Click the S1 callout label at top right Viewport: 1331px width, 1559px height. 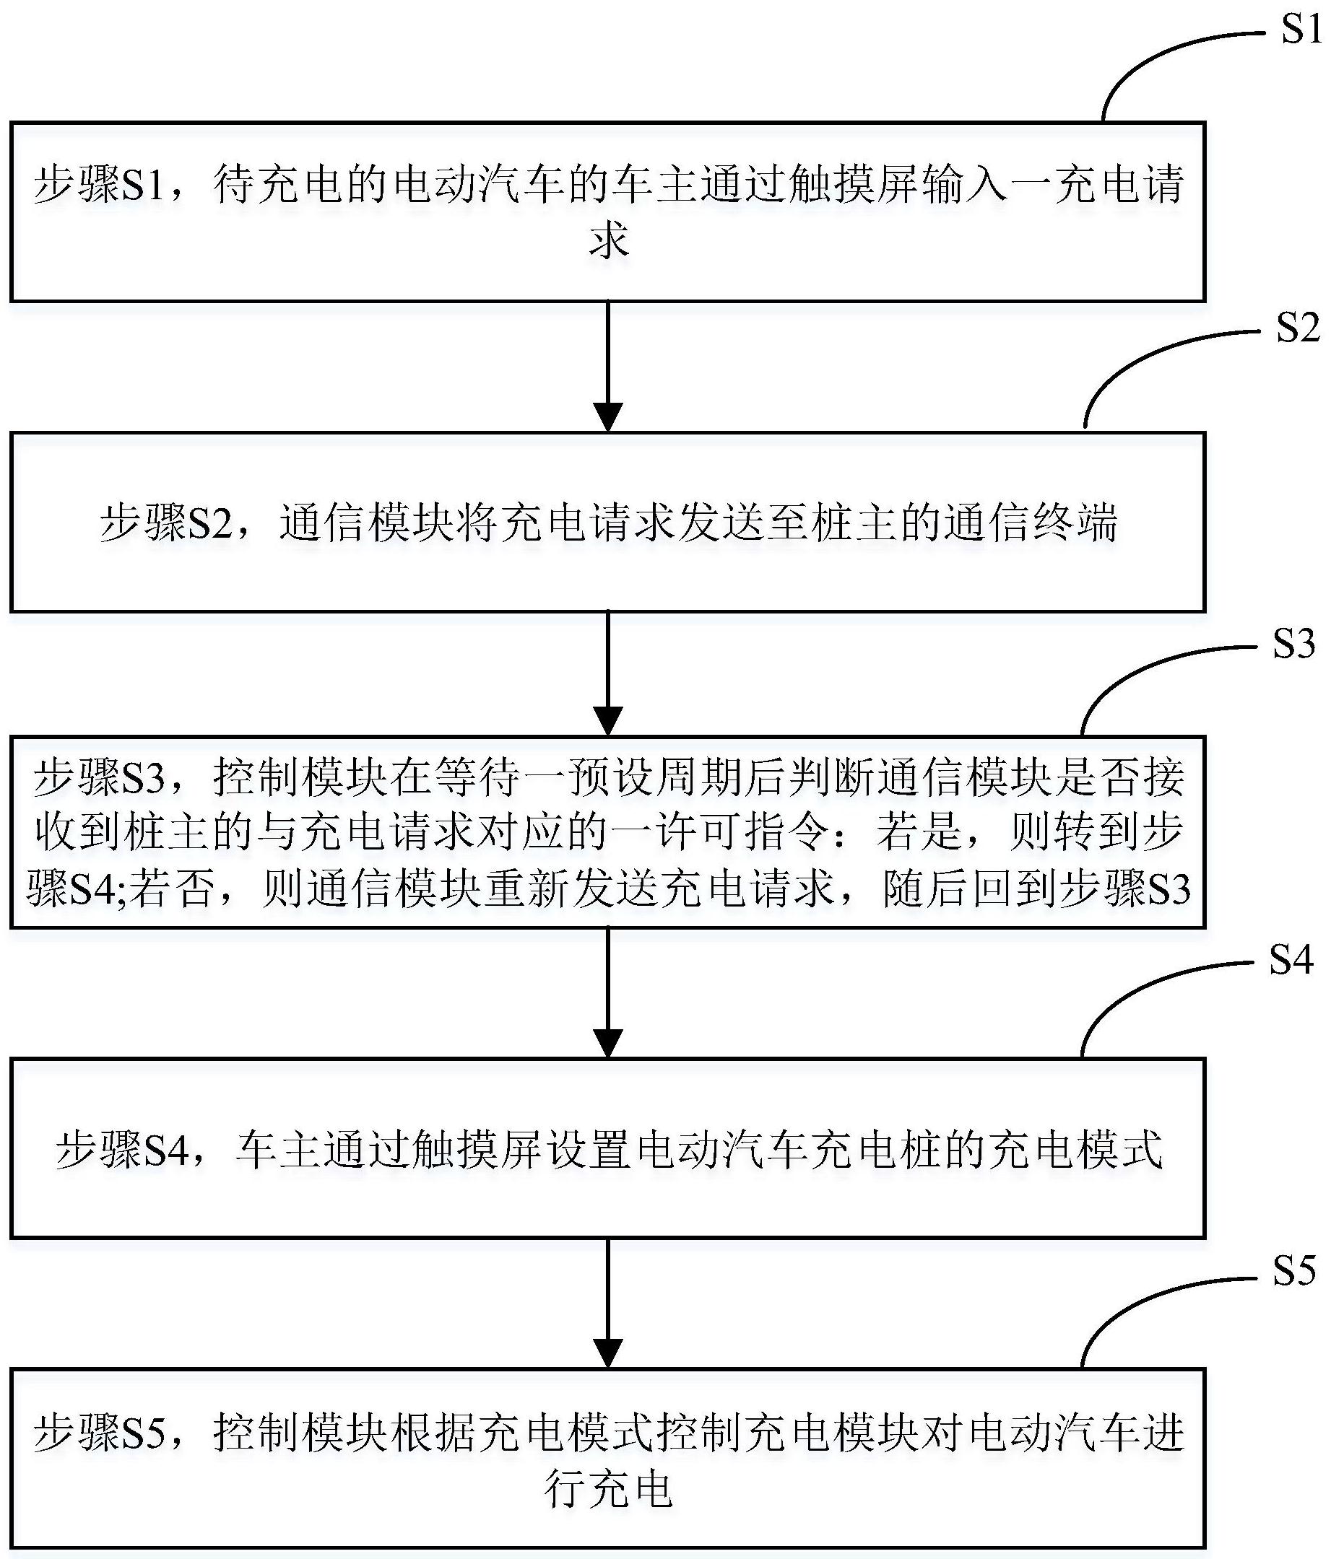tap(1301, 31)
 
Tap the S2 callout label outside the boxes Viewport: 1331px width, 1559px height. tap(1297, 329)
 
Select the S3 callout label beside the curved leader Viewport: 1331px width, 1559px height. tap(1294, 645)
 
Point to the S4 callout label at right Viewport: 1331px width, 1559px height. tap(1291, 961)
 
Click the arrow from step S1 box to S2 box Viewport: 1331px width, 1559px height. tap(607, 367)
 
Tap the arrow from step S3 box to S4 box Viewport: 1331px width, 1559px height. tap(607, 992)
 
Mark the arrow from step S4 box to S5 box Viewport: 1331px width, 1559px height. tap(607, 1303)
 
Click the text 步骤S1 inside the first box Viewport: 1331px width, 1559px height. tap(101, 185)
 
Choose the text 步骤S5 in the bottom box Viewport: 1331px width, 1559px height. tap(101, 1433)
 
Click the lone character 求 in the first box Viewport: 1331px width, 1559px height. tap(608, 241)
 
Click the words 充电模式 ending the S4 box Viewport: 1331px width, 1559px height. tap(1077, 1150)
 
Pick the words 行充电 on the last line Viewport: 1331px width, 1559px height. tap(608, 1488)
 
